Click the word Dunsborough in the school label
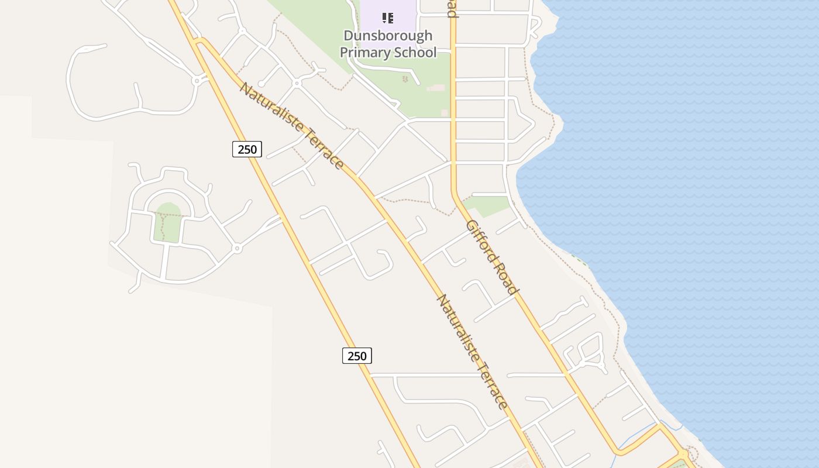(x=388, y=36)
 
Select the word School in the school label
(x=414, y=53)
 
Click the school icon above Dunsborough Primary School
(x=387, y=18)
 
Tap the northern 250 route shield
(x=247, y=149)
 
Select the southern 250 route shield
(x=357, y=355)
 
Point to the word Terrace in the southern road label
(x=493, y=380)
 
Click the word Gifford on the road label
(x=481, y=240)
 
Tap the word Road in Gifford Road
(x=507, y=279)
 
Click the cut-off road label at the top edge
(x=452, y=8)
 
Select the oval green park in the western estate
(x=169, y=222)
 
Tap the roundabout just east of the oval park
(x=237, y=249)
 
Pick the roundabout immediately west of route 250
(x=197, y=80)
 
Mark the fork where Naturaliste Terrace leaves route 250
(x=198, y=42)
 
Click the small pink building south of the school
(x=435, y=88)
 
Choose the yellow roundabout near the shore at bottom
(x=682, y=454)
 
